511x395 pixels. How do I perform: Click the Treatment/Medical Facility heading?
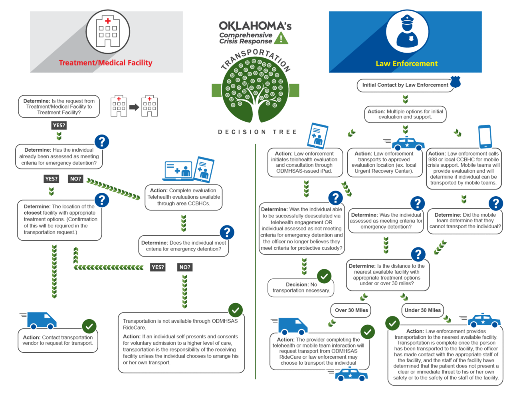pyautogui.click(x=105, y=63)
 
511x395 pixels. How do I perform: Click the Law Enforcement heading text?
pyautogui.click(x=406, y=63)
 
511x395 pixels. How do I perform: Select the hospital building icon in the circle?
pyautogui.click(x=108, y=32)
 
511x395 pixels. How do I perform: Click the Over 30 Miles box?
pyautogui.click(x=351, y=310)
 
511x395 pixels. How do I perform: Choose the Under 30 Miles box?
pyautogui.click(x=422, y=310)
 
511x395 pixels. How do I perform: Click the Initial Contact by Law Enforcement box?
pyautogui.click(x=405, y=85)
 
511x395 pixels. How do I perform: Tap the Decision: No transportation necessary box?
pyautogui.click(x=301, y=287)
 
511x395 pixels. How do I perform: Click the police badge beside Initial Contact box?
pyautogui.click(x=455, y=82)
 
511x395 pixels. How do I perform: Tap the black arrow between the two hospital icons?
pyautogui.click(x=134, y=107)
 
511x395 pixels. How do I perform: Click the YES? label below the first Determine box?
pyautogui.click(x=59, y=125)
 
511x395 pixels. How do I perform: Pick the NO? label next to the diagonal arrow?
pyautogui.click(x=75, y=179)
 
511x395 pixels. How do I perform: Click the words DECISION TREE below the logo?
pyautogui.click(x=257, y=132)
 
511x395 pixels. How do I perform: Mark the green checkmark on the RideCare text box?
pyautogui.click(x=236, y=310)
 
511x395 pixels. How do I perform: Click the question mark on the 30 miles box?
pyautogui.click(x=418, y=254)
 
